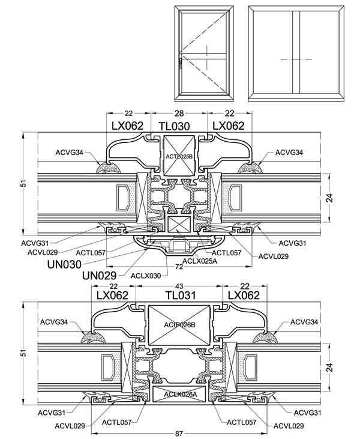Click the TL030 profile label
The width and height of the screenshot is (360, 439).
click(x=174, y=126)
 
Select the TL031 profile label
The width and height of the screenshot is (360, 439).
click(x=180, y=295)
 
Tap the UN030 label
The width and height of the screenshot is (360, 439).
click(x=64, y=264)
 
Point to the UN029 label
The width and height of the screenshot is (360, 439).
click(x=100, y=276)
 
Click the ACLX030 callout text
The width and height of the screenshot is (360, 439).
click(x=146, y=276)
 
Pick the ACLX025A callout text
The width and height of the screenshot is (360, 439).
click(x=200, y=261)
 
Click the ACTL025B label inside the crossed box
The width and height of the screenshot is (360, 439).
click(x=179, y=156)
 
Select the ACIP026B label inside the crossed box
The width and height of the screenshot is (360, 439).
click(x=179, y=325)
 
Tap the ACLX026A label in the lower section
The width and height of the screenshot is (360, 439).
click(x=181, y=394)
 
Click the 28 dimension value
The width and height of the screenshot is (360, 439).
click(x=179, y=114)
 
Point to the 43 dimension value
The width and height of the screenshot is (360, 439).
click(x=179, y=286)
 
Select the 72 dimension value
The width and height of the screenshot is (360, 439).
click(x=179, y=267)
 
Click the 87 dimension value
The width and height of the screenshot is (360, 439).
click(x=179, y=434)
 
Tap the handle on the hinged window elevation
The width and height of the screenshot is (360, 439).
click(x=181, y=64)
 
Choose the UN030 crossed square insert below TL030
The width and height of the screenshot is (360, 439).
click(x=179, y=224)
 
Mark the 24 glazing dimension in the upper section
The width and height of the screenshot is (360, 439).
click(x=330, y=198)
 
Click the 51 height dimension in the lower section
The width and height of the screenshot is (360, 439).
click(x=24, y=353)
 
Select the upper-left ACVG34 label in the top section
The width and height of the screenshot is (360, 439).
click(x=69, y=153)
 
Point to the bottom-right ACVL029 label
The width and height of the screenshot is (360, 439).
click(x=289, y=426)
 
